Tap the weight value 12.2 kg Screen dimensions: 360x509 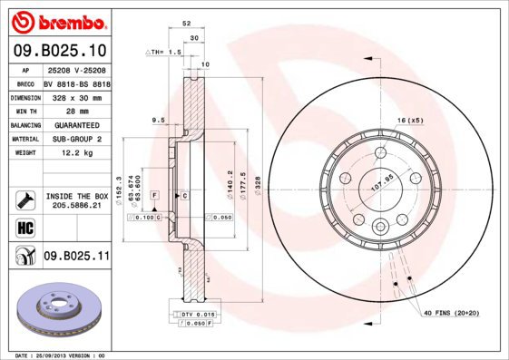(77, 153)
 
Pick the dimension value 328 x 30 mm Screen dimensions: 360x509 (77, 96)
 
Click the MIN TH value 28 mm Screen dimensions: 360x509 (77, 110)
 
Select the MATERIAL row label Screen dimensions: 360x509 (24, 139)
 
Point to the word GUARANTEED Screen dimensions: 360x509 (77, 124)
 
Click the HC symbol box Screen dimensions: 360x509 (24, 226)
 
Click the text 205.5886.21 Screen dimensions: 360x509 (77, 206)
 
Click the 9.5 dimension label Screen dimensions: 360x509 (157, 120)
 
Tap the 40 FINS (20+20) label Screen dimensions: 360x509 (452, 312)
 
